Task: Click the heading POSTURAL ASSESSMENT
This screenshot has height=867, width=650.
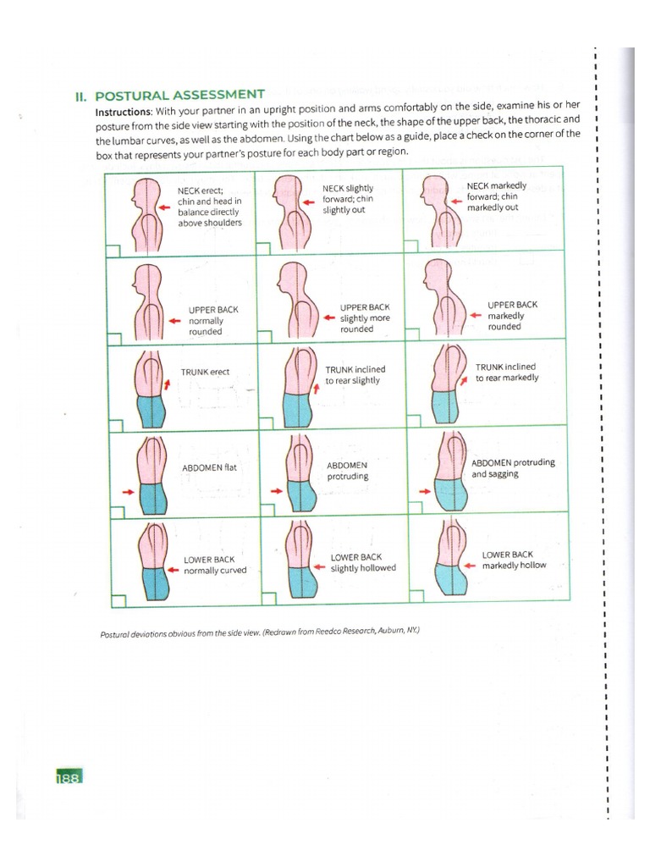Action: [179, 94]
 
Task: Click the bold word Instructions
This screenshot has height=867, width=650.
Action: [124, 111]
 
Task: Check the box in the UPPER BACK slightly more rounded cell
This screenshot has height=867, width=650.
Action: [262, 336]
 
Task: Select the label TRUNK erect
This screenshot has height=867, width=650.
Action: [205, 372]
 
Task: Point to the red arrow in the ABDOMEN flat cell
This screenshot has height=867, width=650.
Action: [128, 490]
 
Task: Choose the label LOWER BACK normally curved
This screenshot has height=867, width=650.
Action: [215, 565]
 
